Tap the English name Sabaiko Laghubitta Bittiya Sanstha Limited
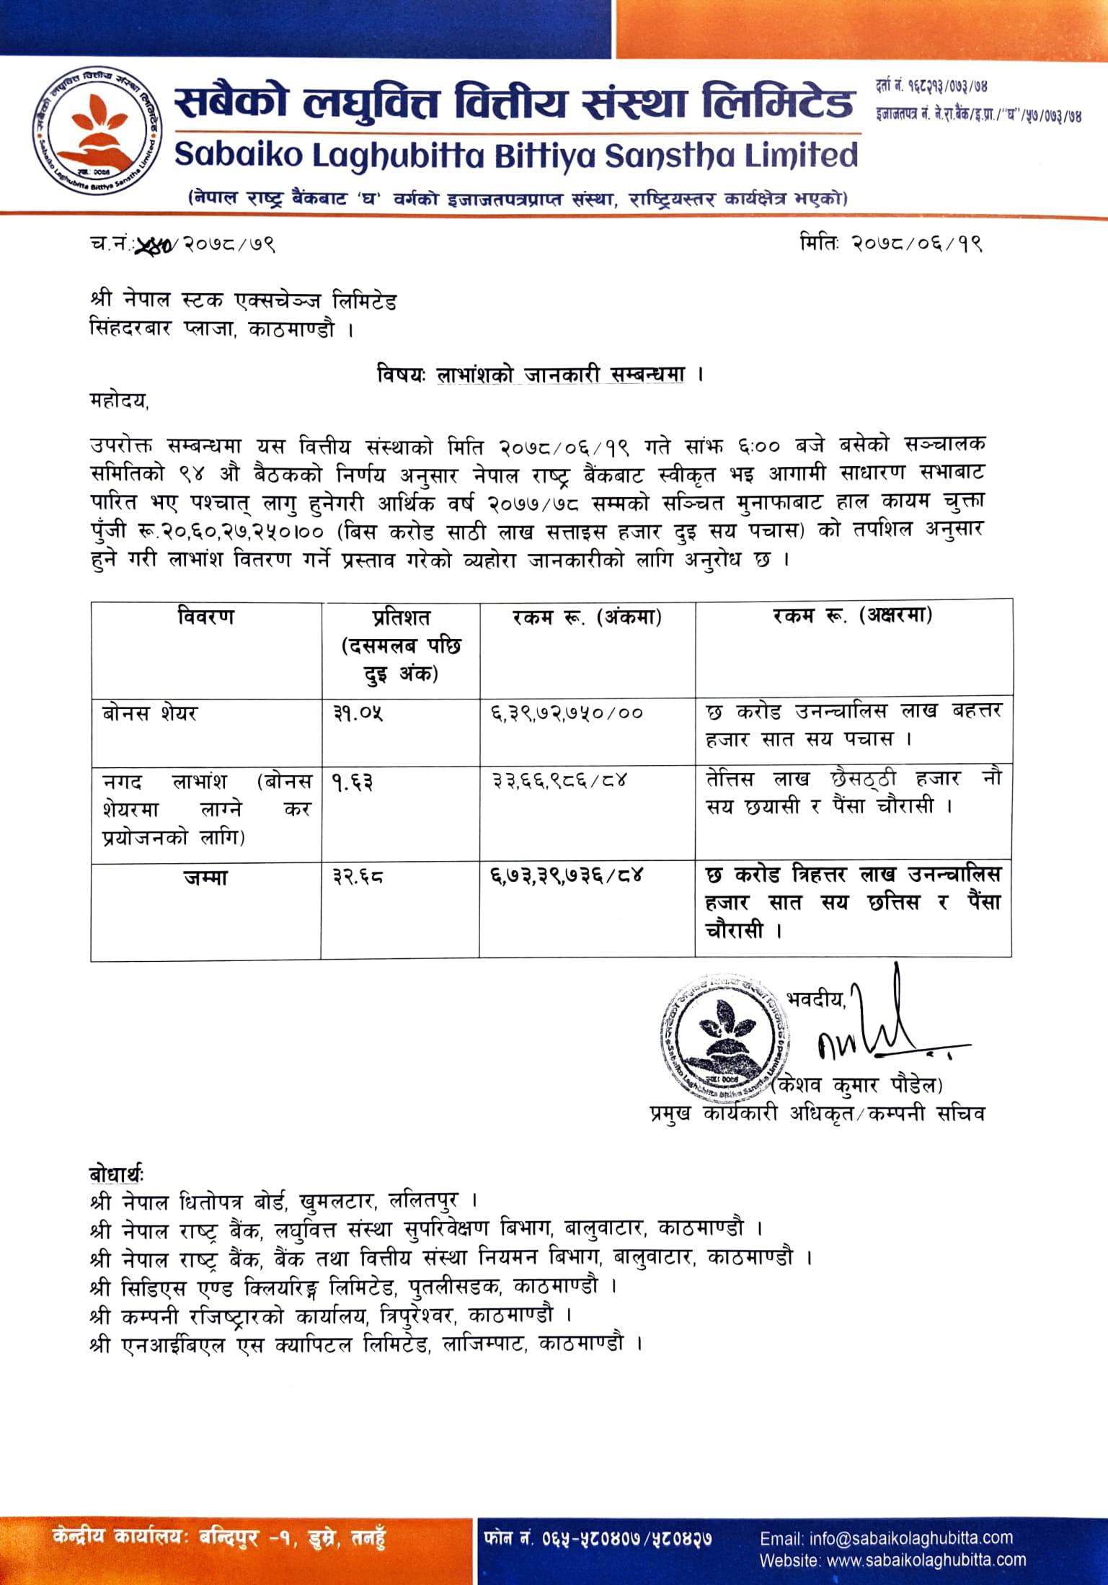(516, 156)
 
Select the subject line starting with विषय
(539, 375)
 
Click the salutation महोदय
(119, 401)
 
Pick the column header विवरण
(206, 617)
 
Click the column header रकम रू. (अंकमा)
(587, 617)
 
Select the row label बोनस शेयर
(150, 713)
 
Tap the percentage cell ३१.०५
(358, 713)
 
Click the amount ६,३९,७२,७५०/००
(567, 713)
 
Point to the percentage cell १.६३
(353, 782)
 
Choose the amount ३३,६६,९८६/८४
(559, 780)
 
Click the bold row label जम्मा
(205, 878)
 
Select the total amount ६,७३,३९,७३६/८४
(567, 876)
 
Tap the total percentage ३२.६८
(358, 877)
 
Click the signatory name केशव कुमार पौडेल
(858, 1085)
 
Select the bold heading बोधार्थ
(116, 1174)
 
